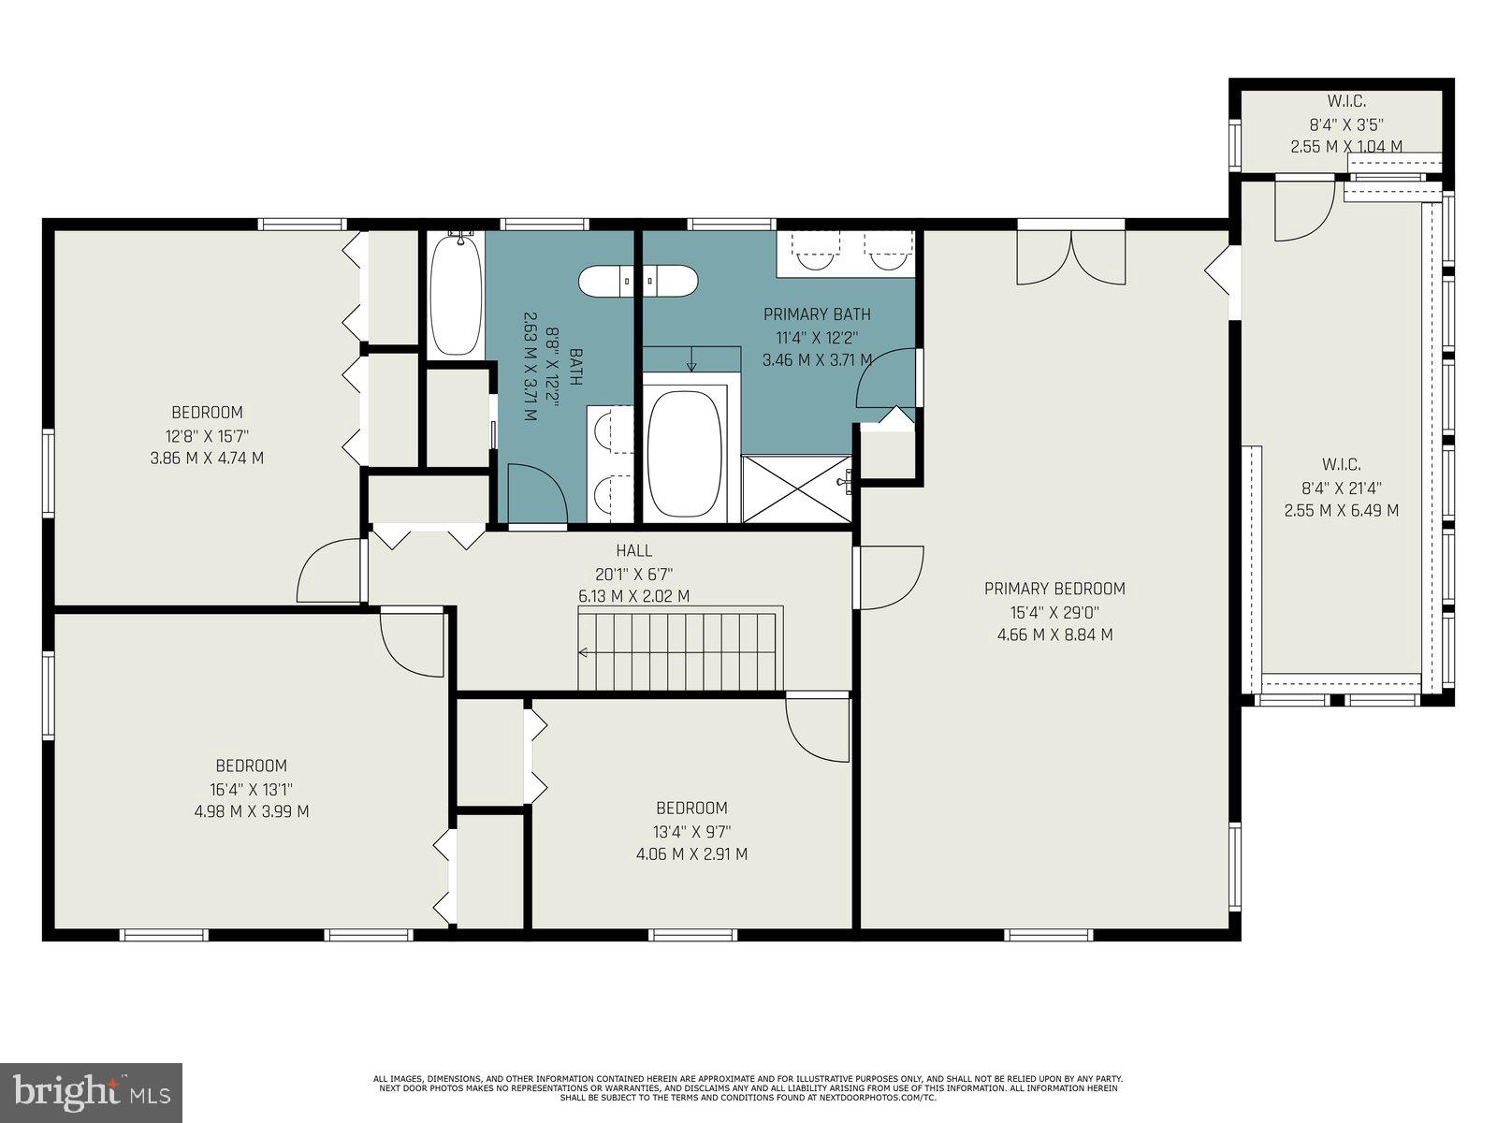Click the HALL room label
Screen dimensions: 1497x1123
point(633,550)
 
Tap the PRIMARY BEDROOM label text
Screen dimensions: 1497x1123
point(1054,589)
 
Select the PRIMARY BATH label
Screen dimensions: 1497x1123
point(817,314)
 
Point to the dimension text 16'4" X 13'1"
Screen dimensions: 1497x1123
point(251,790)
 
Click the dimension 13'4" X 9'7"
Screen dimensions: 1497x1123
point(690,832)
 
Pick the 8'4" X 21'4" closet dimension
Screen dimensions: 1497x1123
point(1341,489)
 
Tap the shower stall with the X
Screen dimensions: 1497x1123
point(796,489)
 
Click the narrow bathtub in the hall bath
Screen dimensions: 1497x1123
point(455,295)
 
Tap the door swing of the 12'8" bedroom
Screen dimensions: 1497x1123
point(329,572)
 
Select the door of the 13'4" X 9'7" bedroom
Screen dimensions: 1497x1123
point(818,727)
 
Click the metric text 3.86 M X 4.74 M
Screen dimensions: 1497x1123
point(207,458)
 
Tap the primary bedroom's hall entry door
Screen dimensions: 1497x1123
point(891,578)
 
